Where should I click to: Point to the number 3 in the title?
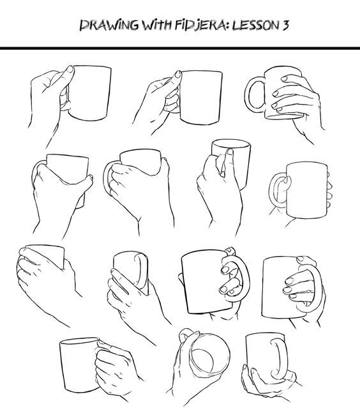[280, 26]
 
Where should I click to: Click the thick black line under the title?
[180, 48]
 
